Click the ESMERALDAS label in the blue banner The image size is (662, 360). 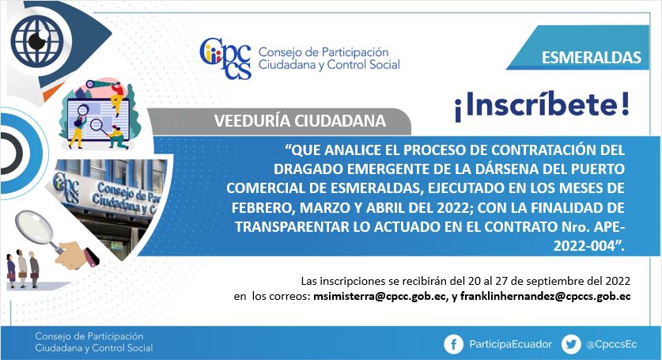(591, 58)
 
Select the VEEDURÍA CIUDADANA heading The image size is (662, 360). (300, 121)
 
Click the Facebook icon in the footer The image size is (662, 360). (453, 344)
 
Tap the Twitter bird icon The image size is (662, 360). (571, 344)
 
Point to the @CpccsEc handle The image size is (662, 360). (611, 344)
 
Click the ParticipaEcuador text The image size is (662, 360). (510, 344)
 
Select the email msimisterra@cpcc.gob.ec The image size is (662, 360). (380, 296)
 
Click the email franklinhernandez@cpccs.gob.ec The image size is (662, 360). (546, 296)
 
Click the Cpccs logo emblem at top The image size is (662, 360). (225, 59)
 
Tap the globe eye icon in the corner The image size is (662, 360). (37, 41)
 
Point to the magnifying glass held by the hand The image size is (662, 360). (35, 231)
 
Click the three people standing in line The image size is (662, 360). (23, 269)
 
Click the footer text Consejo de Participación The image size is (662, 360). (89, 336)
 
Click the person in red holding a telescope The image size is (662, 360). (116, 97)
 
